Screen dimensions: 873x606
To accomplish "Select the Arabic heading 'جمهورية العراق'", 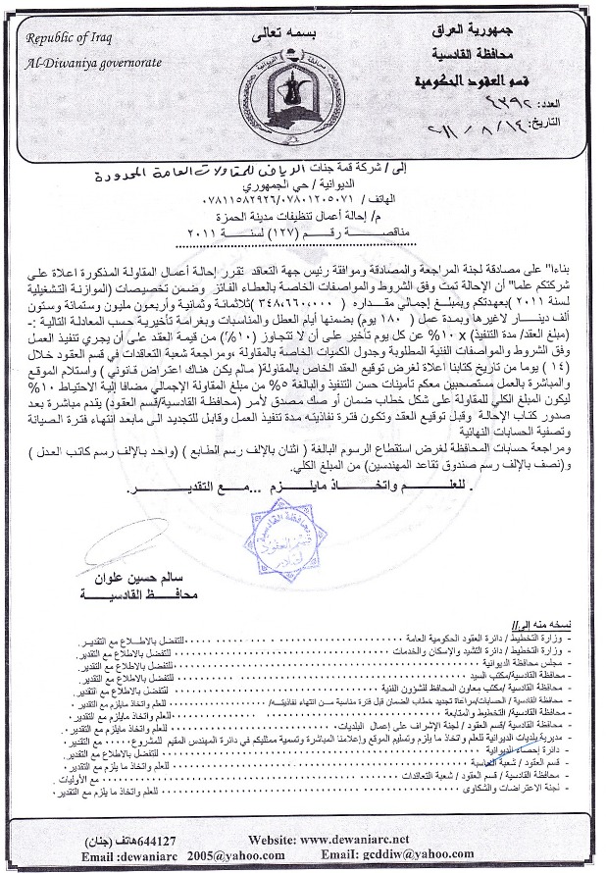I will (516, 33).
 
